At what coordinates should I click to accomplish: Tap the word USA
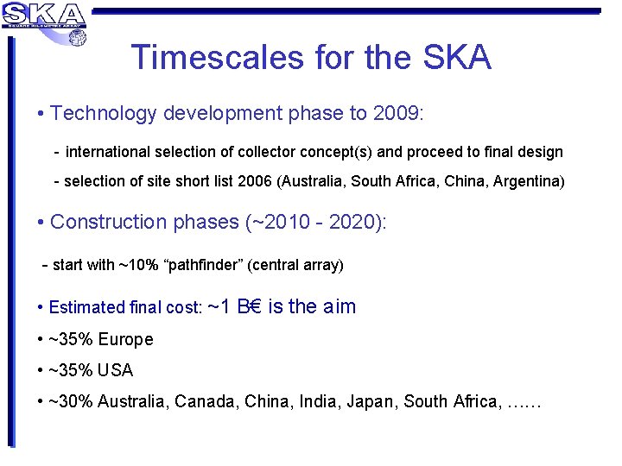tap(116, 370)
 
